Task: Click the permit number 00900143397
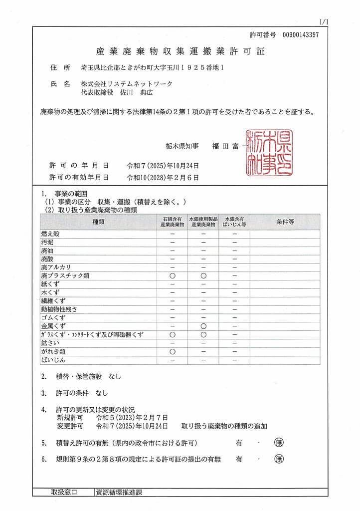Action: pos(300,34)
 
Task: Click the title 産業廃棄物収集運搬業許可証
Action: pos(180,51)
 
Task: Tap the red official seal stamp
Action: pos(269,153)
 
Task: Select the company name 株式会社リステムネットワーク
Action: pos(127,84)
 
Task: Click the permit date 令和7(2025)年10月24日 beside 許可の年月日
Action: pos(163,165)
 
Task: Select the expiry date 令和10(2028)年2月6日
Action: pos(163,177)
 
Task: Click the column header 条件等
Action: pos(285,222)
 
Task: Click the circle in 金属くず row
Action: pos(203,326)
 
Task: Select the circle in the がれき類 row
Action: pos(173,351)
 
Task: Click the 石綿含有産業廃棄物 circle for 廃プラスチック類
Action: pos(173,275)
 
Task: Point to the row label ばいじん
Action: pos(53,360)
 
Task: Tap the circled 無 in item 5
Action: pos(279,442)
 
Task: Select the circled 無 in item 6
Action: pos(279,459)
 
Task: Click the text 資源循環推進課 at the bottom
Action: pos(119,492)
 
